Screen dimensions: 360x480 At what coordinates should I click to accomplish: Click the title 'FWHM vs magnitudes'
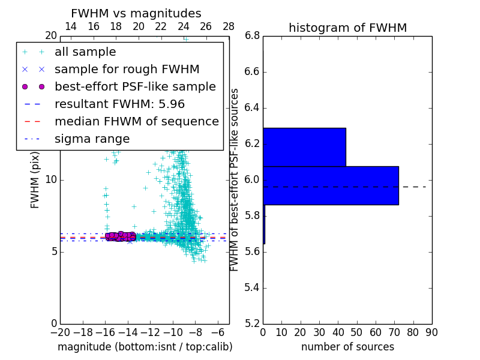click(x=136, y=14)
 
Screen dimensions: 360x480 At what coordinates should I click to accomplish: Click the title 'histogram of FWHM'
click(x=347, y=28)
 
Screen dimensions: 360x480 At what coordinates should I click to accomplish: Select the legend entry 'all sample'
click(x=85, y=52)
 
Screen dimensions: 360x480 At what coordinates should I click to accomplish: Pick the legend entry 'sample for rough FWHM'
click(x=127, y=69)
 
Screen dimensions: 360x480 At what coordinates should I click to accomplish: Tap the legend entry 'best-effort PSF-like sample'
click(x=135, y=86)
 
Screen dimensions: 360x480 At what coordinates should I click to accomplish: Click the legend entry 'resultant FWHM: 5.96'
click(x=119, y=104)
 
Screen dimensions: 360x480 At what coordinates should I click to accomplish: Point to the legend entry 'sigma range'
click(x=92, y=139)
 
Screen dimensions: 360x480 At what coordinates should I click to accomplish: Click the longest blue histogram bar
click(x=331, y=185)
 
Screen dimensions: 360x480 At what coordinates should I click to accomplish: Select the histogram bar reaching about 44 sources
click(x=304, y=147)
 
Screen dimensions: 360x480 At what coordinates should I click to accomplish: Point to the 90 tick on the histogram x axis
click(x=431, y=332)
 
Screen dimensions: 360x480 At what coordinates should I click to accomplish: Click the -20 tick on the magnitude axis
click(x=59, y=332)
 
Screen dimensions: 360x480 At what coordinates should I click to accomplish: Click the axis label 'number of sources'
click(x=347, y=347)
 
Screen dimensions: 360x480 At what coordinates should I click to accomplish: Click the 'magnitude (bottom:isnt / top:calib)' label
click(x=145, y=347)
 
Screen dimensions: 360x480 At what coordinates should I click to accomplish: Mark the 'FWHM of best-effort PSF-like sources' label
click(x=235, y=179)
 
